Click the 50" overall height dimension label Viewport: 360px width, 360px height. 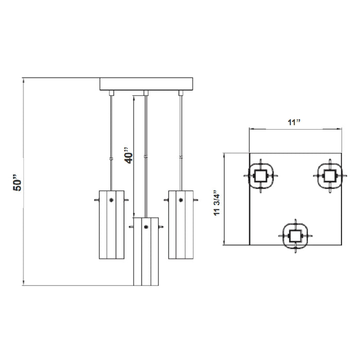click(x=17, y=183)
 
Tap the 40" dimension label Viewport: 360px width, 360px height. click(x=129, y=155)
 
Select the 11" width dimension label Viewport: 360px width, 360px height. click(x=294, y=122)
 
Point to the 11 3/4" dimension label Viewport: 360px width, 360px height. click(x=217, y=203)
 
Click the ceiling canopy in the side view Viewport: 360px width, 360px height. click(x=146, y=84)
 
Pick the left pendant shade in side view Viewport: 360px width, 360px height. click(x=112, y=225)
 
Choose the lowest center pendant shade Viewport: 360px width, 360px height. click(x=146, y=251)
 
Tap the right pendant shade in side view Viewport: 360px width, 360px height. click(x=181, y=225)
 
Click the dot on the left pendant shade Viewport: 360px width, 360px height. click(x=112, y=200)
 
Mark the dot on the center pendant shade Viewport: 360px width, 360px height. click(x=146, y=227)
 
